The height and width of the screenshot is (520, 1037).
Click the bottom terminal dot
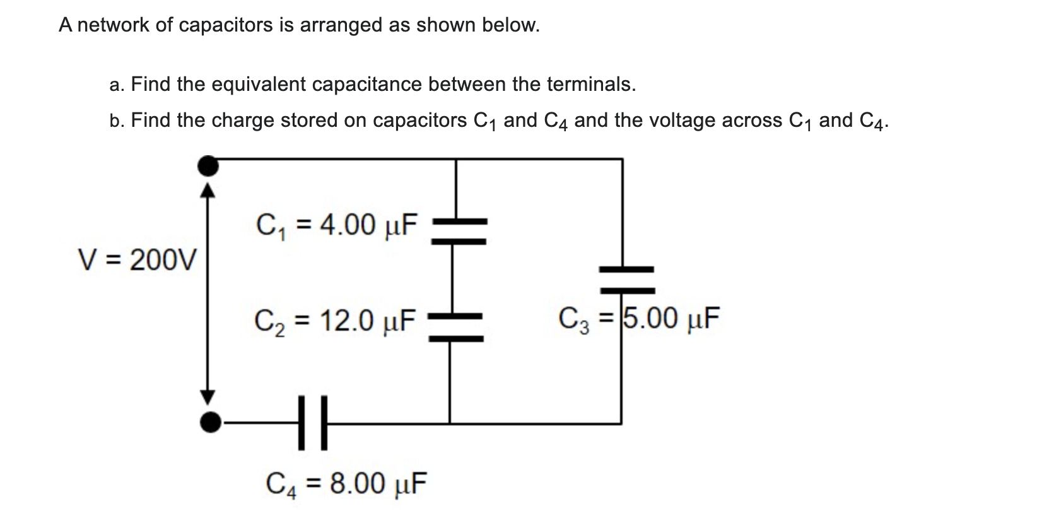tap(210, 422)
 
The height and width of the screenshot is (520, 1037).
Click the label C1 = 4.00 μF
tap(337, 225)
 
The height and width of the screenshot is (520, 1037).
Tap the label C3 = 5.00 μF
tap(638, 318)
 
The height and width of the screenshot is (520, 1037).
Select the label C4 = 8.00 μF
tap(346, 483)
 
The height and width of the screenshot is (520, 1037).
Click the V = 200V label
tap(137, 259)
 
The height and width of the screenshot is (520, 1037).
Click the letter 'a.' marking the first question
tap(117, 85)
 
